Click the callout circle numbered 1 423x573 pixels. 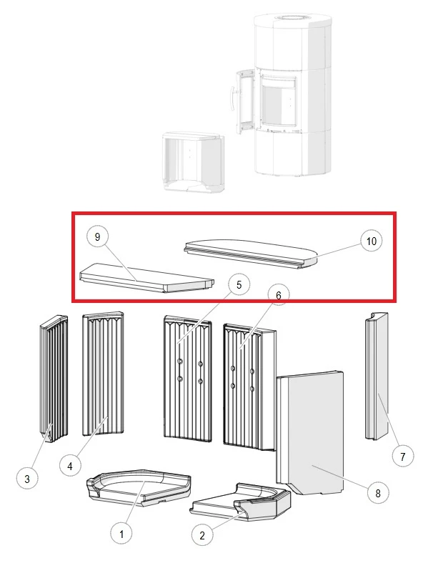coord(121,534)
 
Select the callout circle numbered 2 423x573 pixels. coord(202,535)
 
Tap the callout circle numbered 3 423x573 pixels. coord(27,479)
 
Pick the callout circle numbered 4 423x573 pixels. coord(70,466)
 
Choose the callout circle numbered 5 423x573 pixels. coord(239,284)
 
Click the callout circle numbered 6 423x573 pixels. coord(279,295)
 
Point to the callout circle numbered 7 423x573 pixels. coord(402,457)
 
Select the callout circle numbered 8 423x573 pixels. coord(378,493)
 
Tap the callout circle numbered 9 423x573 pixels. coord(97,236)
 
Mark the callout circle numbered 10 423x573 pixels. coord(372,241)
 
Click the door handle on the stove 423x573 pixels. coord(232,99)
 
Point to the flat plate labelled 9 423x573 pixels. coord(147,278)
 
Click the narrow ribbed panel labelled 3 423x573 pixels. coord(54,379)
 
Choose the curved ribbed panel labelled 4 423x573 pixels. coord(103,374)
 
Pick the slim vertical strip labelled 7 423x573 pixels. coord(377,377)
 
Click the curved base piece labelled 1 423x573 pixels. coord(138,487)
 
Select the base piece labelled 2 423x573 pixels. coord(241,502)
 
